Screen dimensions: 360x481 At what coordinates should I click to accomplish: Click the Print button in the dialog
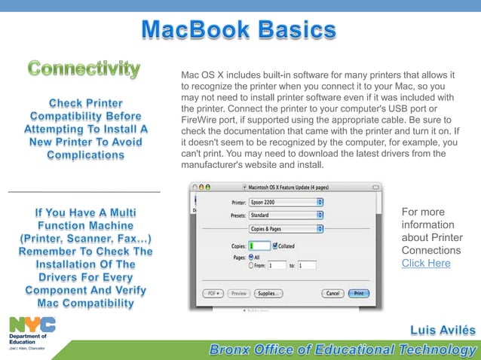click(x=359, y=293)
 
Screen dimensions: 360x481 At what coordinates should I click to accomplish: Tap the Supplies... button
click(x=269, y=293)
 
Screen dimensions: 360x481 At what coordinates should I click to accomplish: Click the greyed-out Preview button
click(x=238, y=293)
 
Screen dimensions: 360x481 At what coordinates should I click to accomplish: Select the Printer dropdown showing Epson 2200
click(x=286, y=202)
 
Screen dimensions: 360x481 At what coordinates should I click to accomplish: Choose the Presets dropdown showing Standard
click(x=286, y=215)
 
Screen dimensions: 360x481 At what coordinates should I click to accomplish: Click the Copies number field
click(x=259, y=245)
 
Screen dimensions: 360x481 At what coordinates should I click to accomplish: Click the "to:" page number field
click(x=307, y=266)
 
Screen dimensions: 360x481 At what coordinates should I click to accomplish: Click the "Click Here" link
click(x=426, y=263)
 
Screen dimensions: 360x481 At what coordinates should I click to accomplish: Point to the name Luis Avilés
click(x=443, y=331)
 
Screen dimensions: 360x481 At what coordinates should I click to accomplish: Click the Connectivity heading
click(x=84, y=69)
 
